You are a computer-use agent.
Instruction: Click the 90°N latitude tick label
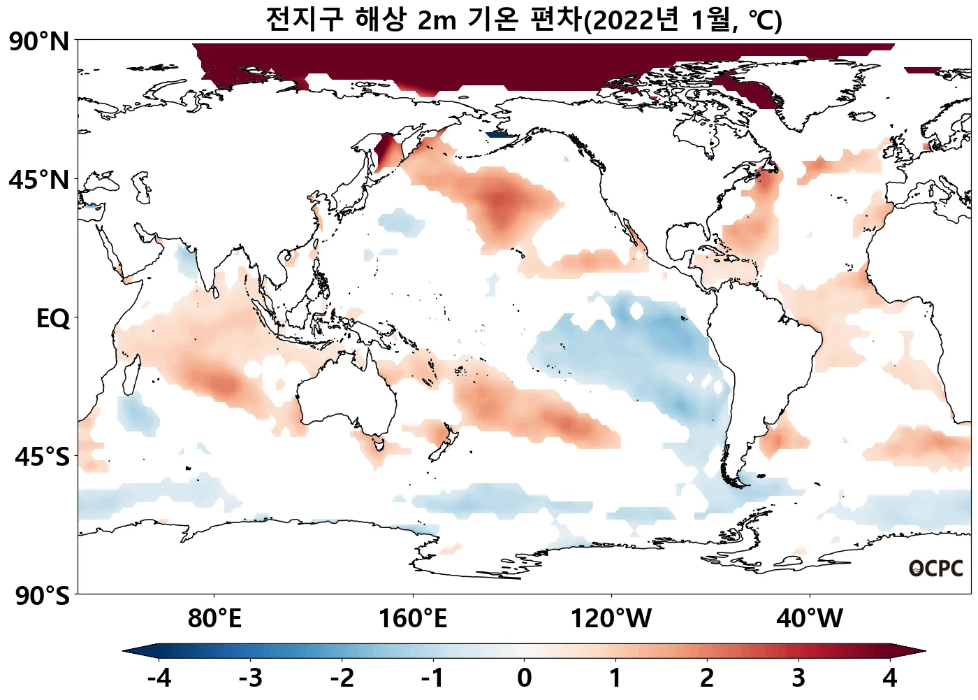(39, 41)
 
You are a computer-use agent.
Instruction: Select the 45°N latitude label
(39, 180)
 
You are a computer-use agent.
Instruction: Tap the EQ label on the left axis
(53, 319)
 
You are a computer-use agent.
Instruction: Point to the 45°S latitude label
(42, 457)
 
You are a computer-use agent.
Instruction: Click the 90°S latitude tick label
(42, 596)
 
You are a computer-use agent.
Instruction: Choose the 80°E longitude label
(214, 619)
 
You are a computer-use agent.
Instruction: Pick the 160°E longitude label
(412, 619)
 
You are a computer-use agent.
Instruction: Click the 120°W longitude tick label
(611, 619)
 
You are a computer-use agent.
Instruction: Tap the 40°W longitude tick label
(810, 619)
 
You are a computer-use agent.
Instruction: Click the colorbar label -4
(159, 678)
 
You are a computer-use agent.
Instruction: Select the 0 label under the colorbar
(524, 678)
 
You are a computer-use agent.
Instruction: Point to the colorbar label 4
(889, 678)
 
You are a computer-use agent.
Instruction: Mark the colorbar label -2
(342, 678)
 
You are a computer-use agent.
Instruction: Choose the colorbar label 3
(798, 678)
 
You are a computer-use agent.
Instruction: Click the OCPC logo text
(936, 569)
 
